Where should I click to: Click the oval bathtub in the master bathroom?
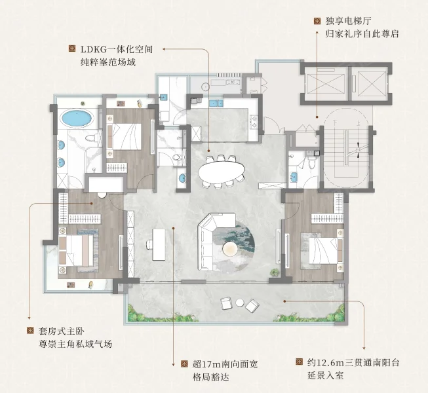click(77, 118)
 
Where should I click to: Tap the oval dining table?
click(222, 172)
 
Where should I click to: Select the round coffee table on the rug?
click(231, 249)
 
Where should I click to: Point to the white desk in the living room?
click(159, 244)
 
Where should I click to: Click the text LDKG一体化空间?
click(117, 49)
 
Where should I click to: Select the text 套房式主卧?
click(62, 331)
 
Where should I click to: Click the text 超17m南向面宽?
click(225, 364)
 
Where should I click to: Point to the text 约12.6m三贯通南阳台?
click(353, 363)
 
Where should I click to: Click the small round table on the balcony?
click(240, 303)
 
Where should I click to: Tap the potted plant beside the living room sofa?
click(275, 272)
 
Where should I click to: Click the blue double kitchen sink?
click(216, 103)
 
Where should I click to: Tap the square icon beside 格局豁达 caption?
click(185, 364)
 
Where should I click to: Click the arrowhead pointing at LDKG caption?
click(164, 49)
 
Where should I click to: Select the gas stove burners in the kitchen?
click(254, 121)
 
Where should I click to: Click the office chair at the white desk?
click(149, 244)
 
